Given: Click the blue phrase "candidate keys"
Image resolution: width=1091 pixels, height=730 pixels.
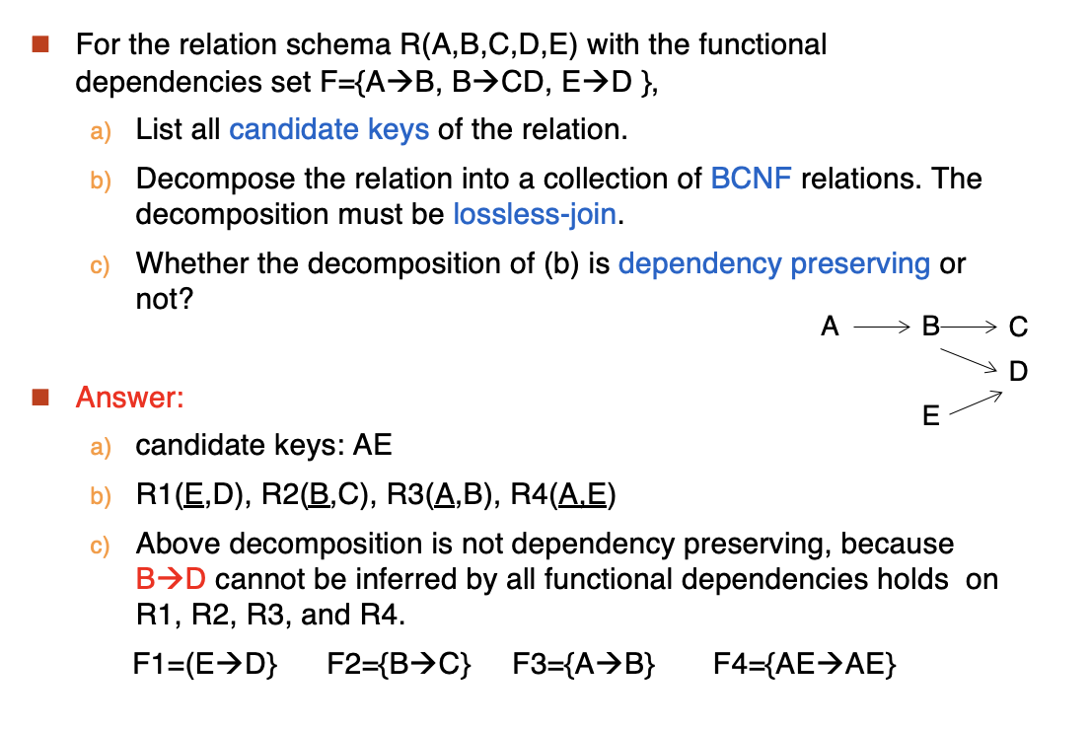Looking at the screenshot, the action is (329, 130).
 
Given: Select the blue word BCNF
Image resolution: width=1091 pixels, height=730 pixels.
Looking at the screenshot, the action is (751, 179).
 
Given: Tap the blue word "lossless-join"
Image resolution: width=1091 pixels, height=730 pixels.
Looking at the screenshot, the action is (535, 214).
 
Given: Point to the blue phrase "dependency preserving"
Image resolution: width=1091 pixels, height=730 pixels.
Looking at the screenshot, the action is (773, 264).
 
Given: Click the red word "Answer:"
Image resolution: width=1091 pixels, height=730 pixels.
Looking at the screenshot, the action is (130, 398).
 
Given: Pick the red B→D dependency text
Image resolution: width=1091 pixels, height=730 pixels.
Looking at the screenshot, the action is (172, 579).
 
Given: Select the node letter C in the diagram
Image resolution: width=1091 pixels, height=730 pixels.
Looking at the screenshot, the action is (1018, 327).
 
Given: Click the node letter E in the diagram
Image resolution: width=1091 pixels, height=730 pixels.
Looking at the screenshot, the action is (930, 415).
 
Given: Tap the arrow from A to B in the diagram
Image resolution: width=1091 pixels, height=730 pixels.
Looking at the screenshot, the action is (882, 327).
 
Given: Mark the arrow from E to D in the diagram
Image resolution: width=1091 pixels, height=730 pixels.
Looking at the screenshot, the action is (976, 402).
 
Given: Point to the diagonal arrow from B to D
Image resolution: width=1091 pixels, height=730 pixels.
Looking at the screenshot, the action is (969, 360).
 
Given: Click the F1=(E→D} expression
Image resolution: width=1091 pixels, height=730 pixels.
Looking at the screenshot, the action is (205, 664).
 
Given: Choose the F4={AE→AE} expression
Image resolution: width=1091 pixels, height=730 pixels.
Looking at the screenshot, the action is (804, 664).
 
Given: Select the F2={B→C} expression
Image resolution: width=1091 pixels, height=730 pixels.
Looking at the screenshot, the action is (399, 664).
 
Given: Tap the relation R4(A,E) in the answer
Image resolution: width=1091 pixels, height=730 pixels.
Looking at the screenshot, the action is (563, 495).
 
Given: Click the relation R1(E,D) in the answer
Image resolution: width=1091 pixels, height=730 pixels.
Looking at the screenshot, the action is (193, 495).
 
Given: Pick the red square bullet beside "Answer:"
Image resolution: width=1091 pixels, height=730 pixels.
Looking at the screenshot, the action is (40, 398).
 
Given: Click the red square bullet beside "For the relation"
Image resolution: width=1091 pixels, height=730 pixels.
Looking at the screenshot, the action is (40, 44).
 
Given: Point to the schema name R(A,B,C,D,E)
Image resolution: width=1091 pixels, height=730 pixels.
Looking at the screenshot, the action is (488, 44).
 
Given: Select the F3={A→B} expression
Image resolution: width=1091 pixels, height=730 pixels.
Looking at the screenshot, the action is (584, 664).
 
